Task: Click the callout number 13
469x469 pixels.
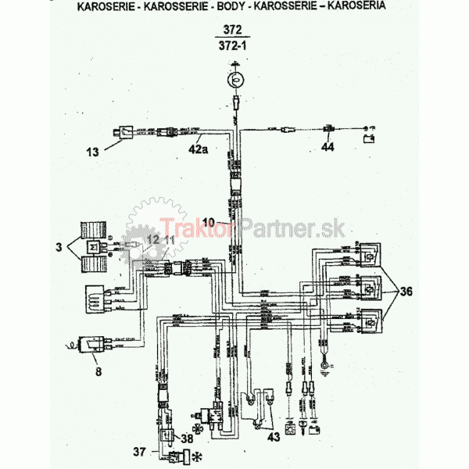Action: [93, 152]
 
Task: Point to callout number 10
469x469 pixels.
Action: [208, 221]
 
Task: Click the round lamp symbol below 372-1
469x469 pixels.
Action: [235, 79]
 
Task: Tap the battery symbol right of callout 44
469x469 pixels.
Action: [367, 141]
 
